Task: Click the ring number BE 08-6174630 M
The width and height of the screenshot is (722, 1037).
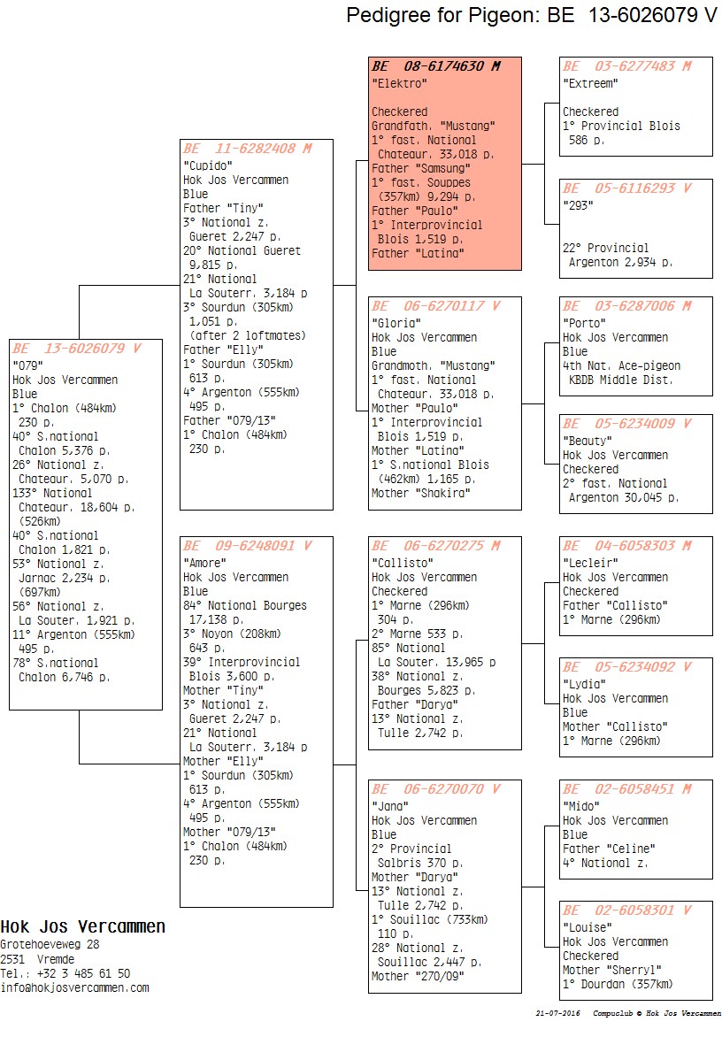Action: (436, 66)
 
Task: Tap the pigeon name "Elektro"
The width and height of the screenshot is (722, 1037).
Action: (399, 83)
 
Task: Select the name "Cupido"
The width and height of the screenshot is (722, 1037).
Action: (208, 165)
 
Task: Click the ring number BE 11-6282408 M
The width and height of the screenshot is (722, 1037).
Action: (247, 149)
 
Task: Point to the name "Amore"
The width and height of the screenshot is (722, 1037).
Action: (205, 563)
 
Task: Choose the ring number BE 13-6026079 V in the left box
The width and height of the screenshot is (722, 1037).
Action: (77, 349)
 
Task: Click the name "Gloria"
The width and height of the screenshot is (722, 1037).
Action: (396, 323)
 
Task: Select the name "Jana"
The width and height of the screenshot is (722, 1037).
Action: (390, 806)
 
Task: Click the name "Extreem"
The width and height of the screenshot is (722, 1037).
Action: (590, 83)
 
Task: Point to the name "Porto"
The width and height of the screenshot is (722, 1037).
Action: (585, 323)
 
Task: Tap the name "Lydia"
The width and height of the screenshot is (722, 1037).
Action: (585, 684)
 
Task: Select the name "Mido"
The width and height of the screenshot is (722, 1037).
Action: (581, 806)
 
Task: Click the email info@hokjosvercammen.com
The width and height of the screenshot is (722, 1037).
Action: (74, 987)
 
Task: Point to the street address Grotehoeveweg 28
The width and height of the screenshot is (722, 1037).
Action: (50, 944)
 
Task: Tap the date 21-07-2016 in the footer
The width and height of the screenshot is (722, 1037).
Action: (558, 1013)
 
